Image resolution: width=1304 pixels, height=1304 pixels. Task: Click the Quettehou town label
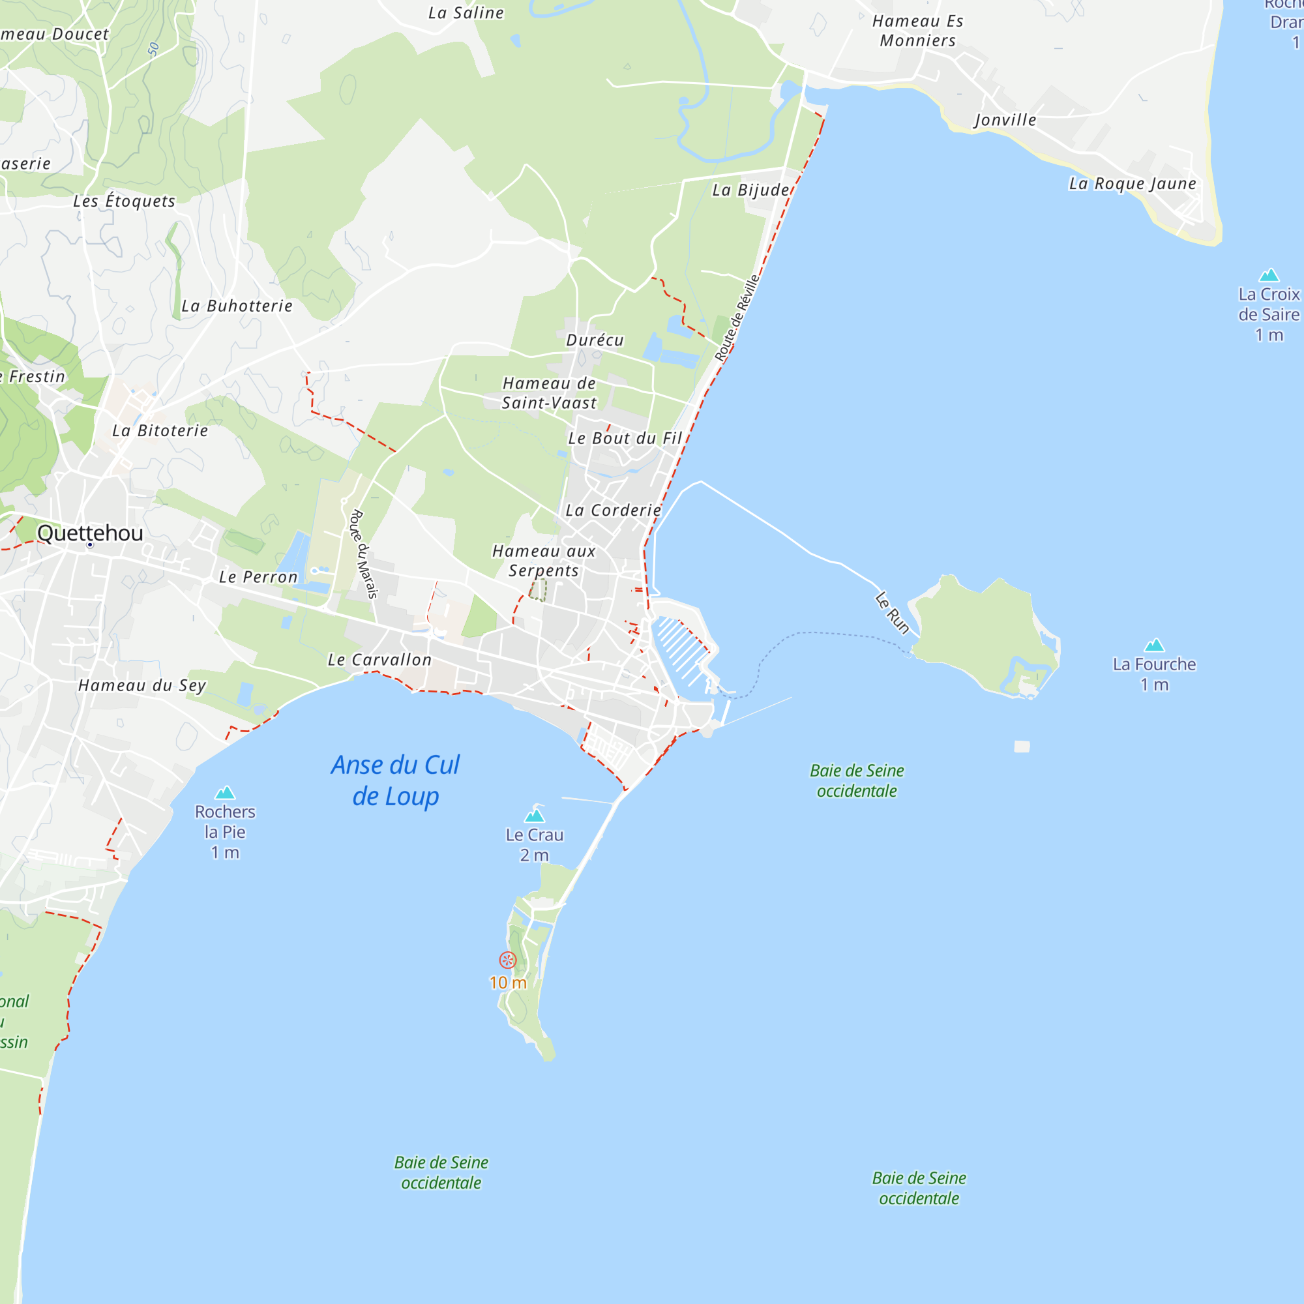90,533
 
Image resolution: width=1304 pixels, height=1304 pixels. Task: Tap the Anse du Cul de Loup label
396,781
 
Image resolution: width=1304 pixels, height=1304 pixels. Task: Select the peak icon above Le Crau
535,816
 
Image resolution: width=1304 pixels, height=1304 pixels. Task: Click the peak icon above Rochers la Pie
225,792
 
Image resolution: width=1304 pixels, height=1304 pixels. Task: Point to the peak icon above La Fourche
1154,645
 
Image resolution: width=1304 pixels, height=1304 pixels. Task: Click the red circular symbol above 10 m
507,960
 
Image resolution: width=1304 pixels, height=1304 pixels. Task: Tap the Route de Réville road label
737,318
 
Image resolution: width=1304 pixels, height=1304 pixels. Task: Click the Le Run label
893,613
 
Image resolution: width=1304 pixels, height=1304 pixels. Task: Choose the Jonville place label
1005,120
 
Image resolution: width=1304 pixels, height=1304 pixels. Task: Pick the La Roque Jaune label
1133,184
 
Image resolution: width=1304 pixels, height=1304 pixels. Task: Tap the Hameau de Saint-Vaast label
550,393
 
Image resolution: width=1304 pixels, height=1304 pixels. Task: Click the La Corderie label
613,511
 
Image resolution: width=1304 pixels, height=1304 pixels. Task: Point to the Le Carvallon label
379,660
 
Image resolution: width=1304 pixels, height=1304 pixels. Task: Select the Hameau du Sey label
141,686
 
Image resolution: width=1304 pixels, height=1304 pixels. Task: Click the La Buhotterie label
237,306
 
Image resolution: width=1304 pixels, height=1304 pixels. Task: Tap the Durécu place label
595,340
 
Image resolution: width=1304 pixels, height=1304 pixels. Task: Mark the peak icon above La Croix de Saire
1269,275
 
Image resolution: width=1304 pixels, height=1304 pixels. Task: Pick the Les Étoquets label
124,201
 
